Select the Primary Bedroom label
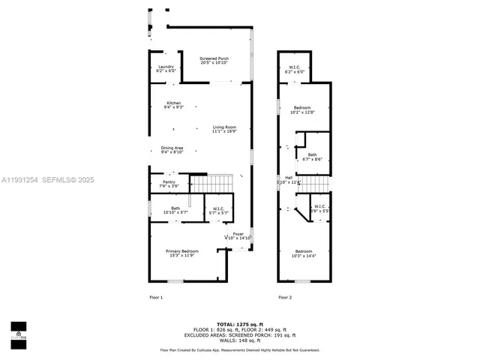(182, 253)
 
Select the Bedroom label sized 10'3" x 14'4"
(304, 253)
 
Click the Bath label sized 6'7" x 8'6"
(312, 157)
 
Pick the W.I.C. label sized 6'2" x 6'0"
(295, 70)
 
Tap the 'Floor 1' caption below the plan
(156, 298)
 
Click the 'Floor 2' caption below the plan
(285, 298)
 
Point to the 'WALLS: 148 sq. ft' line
(239, 340)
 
